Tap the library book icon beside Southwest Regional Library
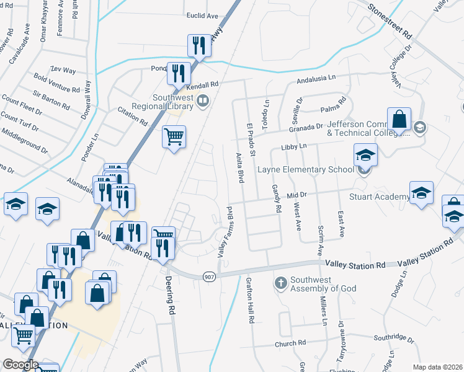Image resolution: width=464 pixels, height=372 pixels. pyautogui.click(x=203, y=100)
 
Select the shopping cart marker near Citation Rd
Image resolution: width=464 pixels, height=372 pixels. pyautogui.click(x=174, y=136)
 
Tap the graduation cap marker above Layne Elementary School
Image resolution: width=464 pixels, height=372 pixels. pyautogui.click(x=366, y=155)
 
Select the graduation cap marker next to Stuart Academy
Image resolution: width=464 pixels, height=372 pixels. pyautogui.click(x=421, y=193)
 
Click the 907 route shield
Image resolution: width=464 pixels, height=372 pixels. pyautogui.click(x=209, y=277)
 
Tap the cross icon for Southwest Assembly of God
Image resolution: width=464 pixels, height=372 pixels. pyautogui.click(x=280, y=283)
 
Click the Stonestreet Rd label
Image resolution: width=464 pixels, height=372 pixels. pyautogui.click(x=390, y=20)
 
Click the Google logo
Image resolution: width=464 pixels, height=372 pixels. pyautogui.click(x=20, y=365)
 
